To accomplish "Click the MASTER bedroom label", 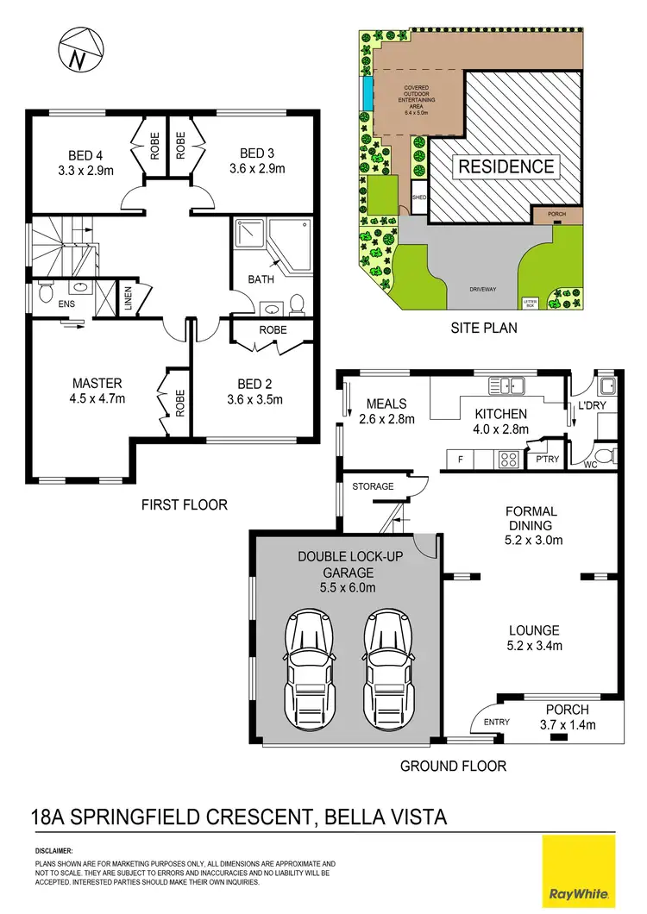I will [x=97, y=383].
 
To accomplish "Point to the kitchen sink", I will [x=503, y=385].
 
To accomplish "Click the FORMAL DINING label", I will [x=531, y=518].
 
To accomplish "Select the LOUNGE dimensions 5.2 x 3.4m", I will [x=533, y=646].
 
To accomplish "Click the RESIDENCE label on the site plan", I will [x=506, y=166].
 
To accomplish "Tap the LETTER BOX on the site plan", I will [x=530, y=303].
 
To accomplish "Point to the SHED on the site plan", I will [x=419, y=197].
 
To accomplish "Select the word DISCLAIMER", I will [x=53, y=850].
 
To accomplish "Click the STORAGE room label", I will [x=373, y=486].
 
